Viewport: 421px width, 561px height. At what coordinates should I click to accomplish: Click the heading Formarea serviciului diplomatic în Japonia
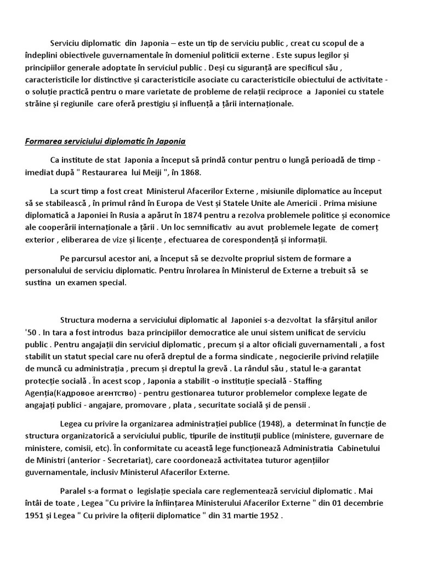pyautogui.click(x=105, y=141)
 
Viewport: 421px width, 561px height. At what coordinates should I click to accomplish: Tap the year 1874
pyautogui.click(x=209, y=215)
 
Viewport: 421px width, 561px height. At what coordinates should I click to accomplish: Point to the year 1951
pyautogui.click(x=35, y=516)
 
